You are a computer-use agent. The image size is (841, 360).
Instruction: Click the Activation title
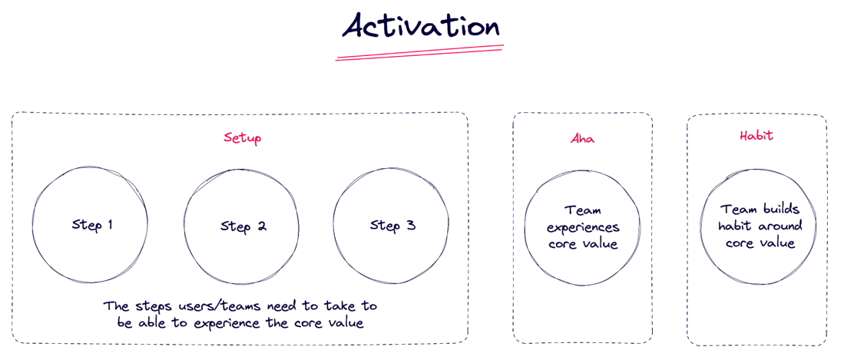(421, 25)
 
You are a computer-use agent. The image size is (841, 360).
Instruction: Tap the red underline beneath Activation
(419, 52)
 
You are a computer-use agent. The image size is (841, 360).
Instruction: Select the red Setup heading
(243, 138)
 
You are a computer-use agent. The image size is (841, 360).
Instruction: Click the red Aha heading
(582, 139)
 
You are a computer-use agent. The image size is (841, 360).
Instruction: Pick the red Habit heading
(757, 136)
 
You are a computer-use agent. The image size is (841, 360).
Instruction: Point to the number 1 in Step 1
(109, 225)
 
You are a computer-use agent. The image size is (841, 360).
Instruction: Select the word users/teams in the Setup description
(200, 306)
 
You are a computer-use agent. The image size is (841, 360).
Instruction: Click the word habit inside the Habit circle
(734, 226)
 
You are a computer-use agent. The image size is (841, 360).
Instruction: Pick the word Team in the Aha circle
(583, 210)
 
